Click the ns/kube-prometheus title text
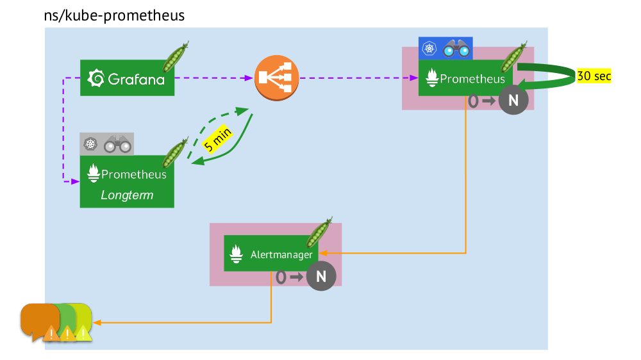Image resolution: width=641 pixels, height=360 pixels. tap(114, 15)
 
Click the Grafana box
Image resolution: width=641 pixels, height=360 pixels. tap(127, 78)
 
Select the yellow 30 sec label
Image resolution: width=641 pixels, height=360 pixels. tap(594, 76)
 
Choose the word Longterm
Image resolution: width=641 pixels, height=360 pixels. tap(127, 195)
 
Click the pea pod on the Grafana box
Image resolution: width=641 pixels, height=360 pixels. tap(175, 57)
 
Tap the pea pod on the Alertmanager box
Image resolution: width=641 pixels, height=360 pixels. tap(319, 233)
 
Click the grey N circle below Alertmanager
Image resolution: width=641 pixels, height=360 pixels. tap(321, 277)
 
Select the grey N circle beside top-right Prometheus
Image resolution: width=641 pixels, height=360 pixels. tap(513, 101)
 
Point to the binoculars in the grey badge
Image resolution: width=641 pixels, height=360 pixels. tap(118, 144)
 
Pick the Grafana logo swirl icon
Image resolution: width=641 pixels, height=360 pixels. tap(96, 78)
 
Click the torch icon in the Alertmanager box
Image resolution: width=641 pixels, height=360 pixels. tap(236, 254)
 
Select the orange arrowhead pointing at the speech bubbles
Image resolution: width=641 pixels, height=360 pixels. tap(97, 322)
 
